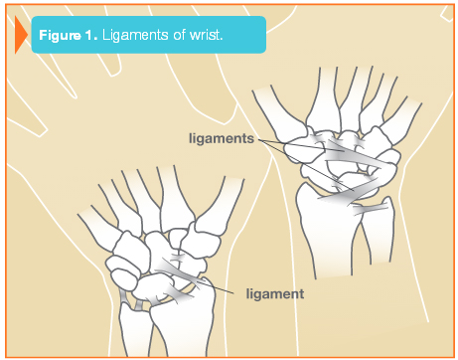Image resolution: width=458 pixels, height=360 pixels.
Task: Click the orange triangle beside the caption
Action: point(20,35)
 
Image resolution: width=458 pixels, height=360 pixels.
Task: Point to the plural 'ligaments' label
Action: point(222,138)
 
